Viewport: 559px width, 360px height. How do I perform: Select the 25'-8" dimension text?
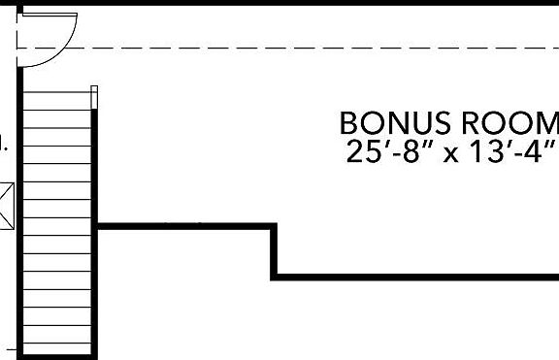tap(381, 152)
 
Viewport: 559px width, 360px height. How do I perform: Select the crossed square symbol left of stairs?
tap(5, 206)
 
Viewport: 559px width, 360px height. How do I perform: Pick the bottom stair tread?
tap(57, 346)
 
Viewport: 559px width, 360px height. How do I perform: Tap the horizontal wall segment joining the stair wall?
tap(184, 226)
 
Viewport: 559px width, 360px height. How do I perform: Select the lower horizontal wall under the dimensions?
tap(417, 277)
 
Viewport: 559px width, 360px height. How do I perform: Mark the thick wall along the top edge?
tap(291, 3)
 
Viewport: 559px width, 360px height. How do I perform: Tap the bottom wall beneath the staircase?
tap(58, 356)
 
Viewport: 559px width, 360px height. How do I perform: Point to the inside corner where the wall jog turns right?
tap(276, 277)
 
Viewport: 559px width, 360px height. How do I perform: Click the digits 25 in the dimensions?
tap(358, 152)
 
